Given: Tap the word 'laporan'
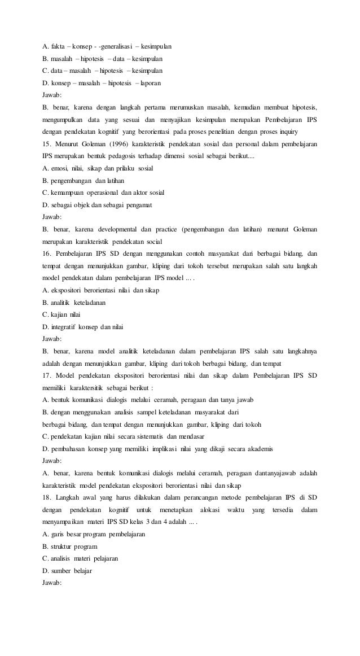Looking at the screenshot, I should [149, 83].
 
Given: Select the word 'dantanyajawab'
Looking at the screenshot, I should [271, 473].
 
